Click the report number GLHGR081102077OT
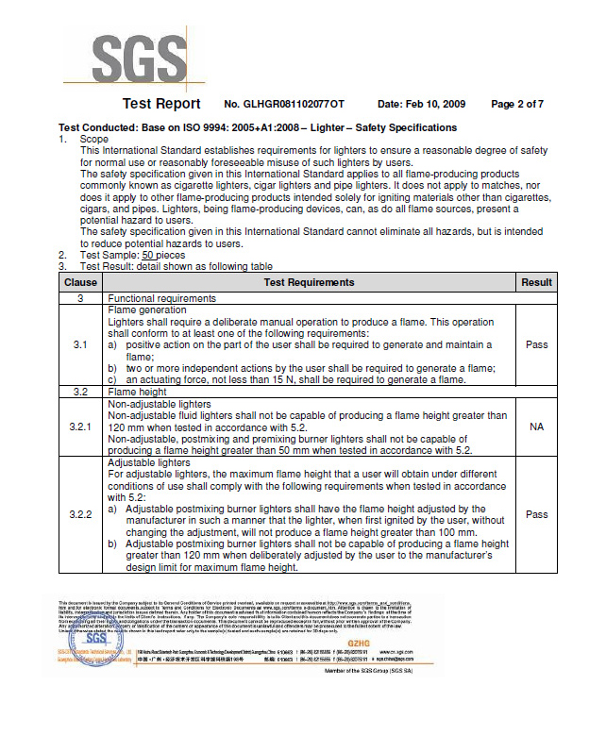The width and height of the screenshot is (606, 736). pyautogui.click(x=284, y=104)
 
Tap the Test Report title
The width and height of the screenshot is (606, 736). pyautogui.click(x=161, y=104)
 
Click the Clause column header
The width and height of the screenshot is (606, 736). pyautogui.click(x=80, y=282)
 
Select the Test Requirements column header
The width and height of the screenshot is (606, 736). pyautogui.click(x=309, y=282)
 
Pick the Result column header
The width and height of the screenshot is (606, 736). pyautogui.click(x=536, y=282)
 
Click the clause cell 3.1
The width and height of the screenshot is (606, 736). pyautogui.click(x=80, y=344)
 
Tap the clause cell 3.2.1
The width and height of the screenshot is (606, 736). pyautogui.click(x=80, y=427)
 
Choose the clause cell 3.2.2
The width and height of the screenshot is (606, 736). pyautogui.click(x=80, y=514)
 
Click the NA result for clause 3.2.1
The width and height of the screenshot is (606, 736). pyautogui.click(x=536, y=427)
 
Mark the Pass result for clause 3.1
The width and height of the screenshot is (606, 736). pyautogui.click(x=536, y=344)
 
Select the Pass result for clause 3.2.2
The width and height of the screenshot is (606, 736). pyautogui.click(x=536, y=514)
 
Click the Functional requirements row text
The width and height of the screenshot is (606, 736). pyautogui.click(x=161, y=298)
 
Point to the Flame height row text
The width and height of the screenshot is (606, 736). pyautogui.click(x=140, y=391)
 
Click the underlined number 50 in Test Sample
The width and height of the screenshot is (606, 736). pyautogui.click(x=148, y=255)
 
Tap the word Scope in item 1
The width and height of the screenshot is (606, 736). pyautogui.click(x=94, y=139)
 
